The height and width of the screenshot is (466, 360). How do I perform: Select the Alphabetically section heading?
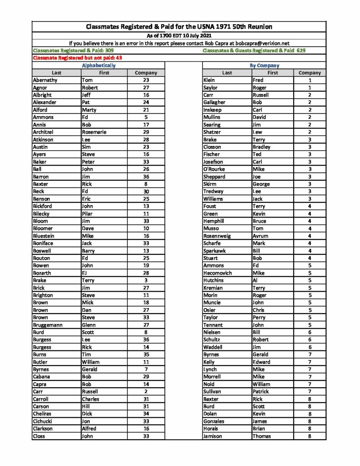point(98,66)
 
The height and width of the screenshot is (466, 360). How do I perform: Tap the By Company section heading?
point(264,66)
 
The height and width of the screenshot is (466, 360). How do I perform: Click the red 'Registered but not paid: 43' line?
point(77,58)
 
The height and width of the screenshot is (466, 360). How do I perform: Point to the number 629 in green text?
point(300,51)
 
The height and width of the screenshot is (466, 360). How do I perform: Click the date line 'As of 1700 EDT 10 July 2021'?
point(179,35)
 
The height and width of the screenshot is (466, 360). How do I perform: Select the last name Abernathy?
point(45,80)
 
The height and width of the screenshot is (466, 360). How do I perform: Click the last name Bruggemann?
point(48,325)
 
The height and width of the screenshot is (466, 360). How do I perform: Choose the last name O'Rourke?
point(214,169)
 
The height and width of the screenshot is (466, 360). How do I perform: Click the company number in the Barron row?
point(146,177)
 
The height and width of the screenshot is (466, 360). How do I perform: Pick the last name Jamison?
point(214,436)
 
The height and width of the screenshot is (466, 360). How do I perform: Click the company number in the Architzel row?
point(146,132)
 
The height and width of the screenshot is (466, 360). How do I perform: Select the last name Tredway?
point(213,192)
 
